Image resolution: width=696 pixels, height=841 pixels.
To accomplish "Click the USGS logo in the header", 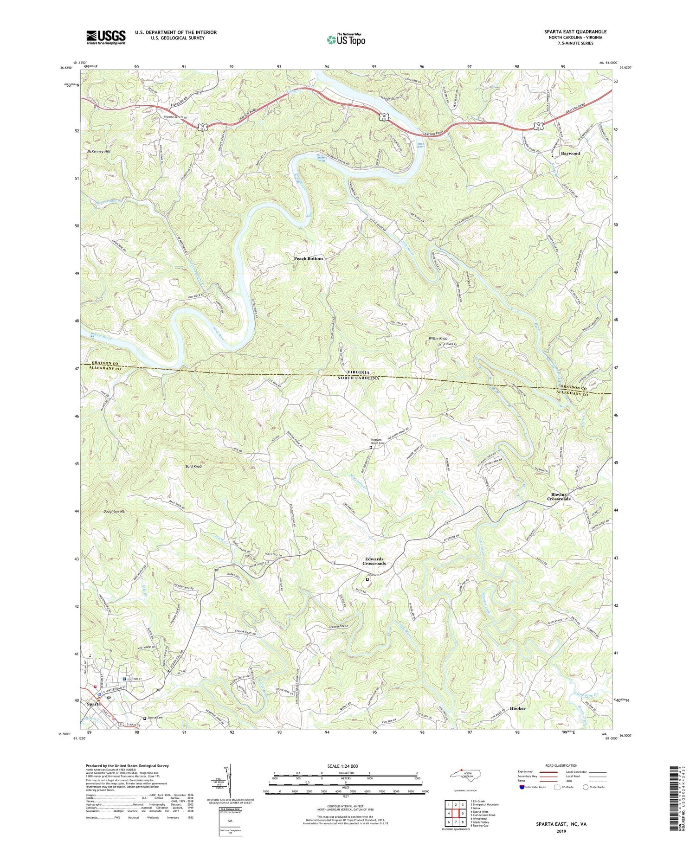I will pyautogui.click(x=105, y=37).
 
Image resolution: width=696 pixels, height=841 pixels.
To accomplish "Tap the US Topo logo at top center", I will pyautogui.click(x=346, y=39).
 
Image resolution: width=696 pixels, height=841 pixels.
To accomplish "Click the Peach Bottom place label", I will pyautogui.click(x=308, y=258).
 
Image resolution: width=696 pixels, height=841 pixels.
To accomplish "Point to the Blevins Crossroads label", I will pyautogui.click(x=558, y=496).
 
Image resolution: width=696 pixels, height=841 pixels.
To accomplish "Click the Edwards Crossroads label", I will pyautogui.click(x=374, y=561).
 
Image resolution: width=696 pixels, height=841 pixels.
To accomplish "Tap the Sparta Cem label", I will pyautogui.click(x=156, y=718).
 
